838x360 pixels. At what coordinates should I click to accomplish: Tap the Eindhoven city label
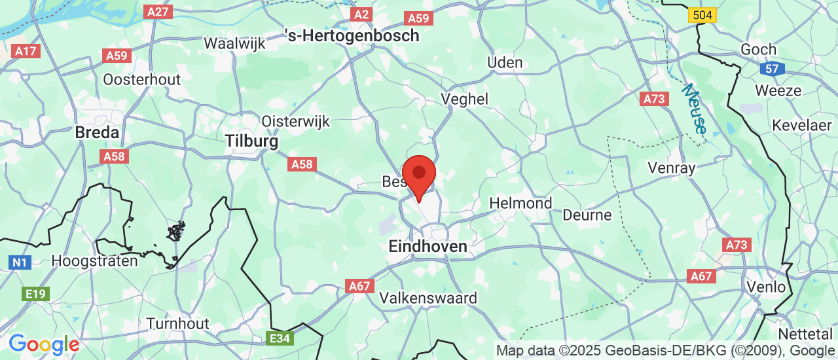pyautogui.click(x=428, y=247)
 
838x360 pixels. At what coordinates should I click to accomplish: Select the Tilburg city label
pyautogui.click(x=251, y=141)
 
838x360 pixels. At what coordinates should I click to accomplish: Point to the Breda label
pyautogui.click(x=97, y=132)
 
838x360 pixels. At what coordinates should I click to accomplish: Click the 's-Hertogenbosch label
pyautogui.click(x=352, y=36)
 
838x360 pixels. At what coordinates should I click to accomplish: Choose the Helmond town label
pyautogui.click(x=520, y=203)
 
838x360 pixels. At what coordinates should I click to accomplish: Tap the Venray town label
pyautogui.click(x=671, y=168)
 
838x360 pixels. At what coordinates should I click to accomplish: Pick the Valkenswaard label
pyautogui.click(x=428, y=298)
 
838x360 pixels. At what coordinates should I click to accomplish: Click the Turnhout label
pyautogui.click(x=177, y=323)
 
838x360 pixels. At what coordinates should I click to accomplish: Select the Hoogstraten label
pyautogui.click(x=95, y=261)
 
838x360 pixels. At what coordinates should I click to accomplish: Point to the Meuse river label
pyautogui.click(x=693, y=109)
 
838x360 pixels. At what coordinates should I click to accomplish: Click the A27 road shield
pyautogui.click(x=159, y=12)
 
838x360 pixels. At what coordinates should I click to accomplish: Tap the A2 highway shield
pyautogui.click(x=361, y=14)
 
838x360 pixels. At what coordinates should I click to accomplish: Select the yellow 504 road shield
pyautogui.click(x=703, y=15)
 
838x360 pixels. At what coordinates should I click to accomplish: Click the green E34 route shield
pyautogui.click(x=280, y=339)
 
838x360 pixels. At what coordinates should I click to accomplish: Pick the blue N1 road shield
pyautogui.click(x=20, y=262)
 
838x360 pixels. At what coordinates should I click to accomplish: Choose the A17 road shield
pyautogui.click(x=26, y=51)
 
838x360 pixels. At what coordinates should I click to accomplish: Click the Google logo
pyautogui.click(x=44, y=344)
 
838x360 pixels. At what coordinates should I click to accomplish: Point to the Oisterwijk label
pyautogui.click(x=296, y=121)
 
